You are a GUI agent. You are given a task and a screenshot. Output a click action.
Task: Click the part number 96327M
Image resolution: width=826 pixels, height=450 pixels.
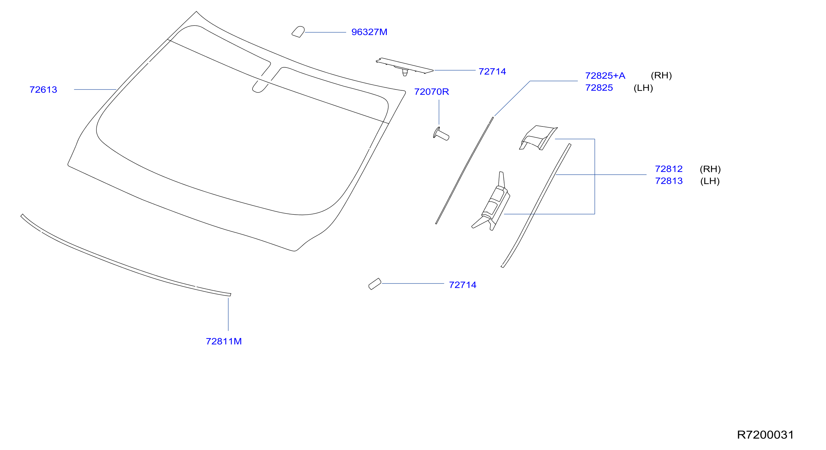(369, 32)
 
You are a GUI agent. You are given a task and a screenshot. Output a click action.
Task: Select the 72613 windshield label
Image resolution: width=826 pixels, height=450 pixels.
(43, 89)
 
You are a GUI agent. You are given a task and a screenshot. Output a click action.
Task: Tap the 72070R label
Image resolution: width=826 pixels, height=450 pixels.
(431, 92)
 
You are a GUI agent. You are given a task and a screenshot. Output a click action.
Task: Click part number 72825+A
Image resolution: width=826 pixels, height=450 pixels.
(605, 76)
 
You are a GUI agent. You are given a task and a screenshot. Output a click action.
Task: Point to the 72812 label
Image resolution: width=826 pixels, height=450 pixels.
(669, 169)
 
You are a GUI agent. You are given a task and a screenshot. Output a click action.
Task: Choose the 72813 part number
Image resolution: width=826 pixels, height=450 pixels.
(669, 181)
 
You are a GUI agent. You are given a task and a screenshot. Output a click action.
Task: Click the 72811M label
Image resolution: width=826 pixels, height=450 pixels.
(223, 341)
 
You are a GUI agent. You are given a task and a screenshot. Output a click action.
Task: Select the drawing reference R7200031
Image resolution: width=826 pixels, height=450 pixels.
(765, 435)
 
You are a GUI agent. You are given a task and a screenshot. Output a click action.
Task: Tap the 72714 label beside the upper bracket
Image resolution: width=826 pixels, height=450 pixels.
(492, 72)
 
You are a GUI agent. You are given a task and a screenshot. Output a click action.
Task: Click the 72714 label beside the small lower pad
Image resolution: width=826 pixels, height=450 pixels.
(462, 285)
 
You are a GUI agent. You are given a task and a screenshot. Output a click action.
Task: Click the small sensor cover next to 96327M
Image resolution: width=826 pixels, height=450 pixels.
(298, 32)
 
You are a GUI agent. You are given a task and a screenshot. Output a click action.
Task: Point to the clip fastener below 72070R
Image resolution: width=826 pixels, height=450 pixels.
(441, 134)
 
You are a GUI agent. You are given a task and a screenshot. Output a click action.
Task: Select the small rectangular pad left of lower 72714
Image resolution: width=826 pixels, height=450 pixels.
(375, 284)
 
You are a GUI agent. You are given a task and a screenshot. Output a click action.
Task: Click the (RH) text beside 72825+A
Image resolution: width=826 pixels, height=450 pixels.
(661, 76)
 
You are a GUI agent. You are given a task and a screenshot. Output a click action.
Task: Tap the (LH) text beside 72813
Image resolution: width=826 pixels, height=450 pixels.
(710, 181)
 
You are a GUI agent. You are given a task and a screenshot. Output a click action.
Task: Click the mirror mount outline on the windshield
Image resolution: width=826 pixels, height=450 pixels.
(260, 87)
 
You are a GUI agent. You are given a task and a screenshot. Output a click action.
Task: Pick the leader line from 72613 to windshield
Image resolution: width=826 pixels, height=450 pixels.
(95, 89)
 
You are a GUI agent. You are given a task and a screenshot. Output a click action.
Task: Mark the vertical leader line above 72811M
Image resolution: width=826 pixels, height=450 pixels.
(228, 314)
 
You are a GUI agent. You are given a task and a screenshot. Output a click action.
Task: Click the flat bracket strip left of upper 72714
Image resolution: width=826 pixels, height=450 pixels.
(405, 66)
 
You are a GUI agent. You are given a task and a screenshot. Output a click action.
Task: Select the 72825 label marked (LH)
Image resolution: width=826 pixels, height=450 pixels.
(599, 88)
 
